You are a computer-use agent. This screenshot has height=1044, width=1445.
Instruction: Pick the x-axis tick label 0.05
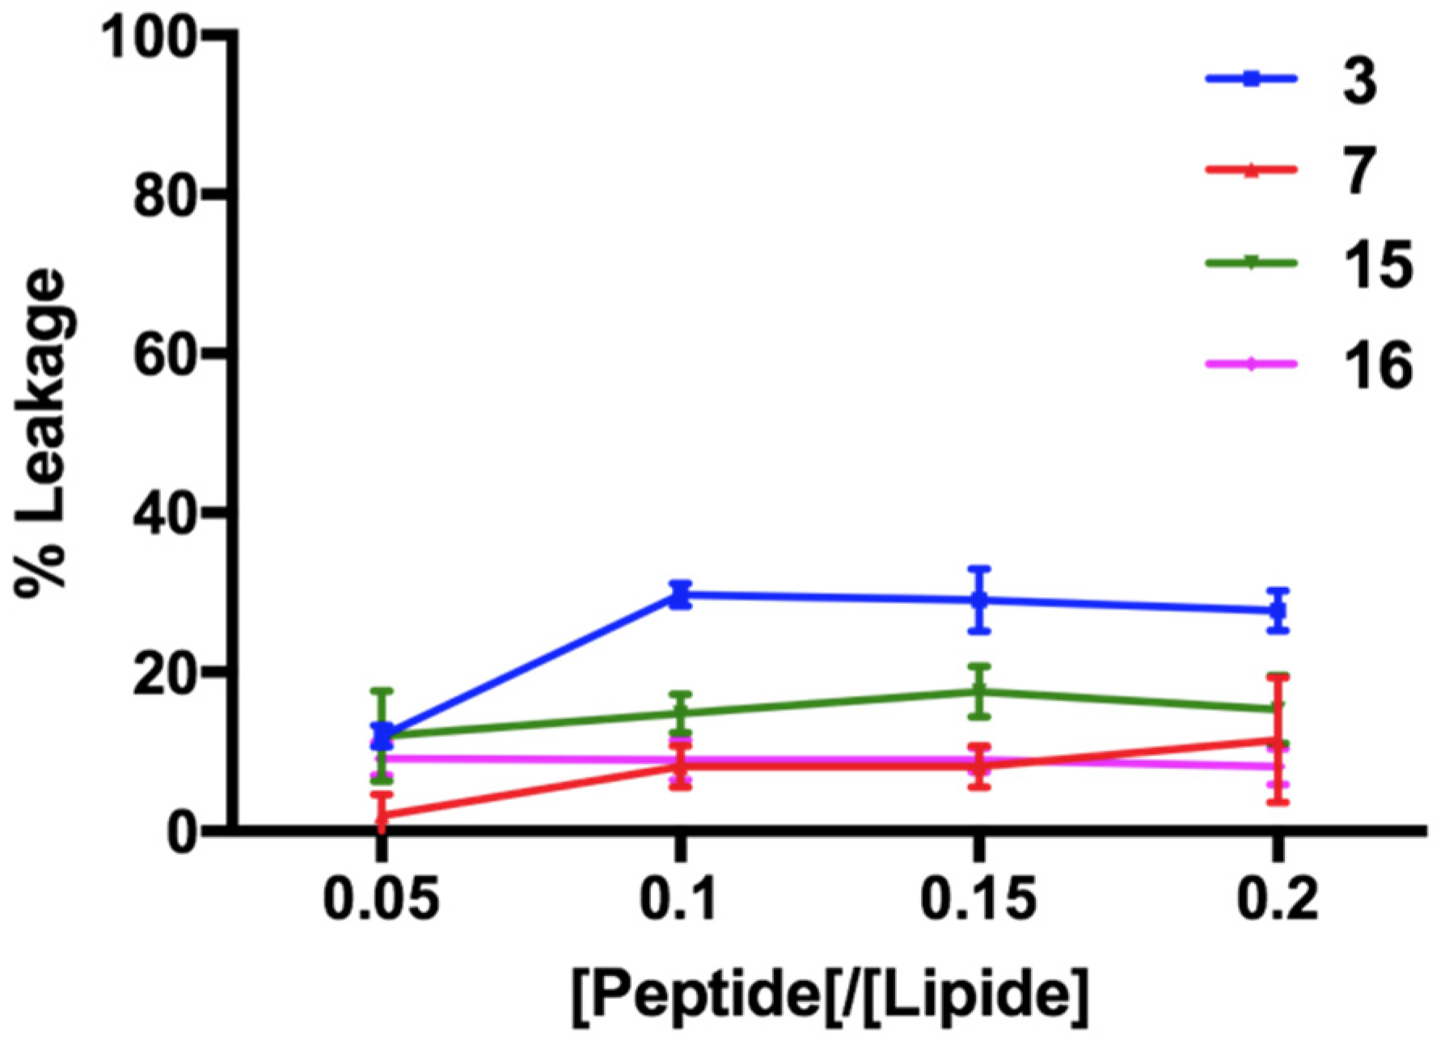click(382, 898)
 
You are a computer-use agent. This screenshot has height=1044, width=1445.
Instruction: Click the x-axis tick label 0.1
click(679, 898)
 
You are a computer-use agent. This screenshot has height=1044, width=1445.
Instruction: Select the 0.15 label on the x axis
click(978, 898)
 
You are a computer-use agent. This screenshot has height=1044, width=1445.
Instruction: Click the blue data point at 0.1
click(680, 595)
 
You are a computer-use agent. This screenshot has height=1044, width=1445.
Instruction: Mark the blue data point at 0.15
click(979, 600)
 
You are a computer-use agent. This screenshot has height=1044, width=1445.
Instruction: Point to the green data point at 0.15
click(979, 691)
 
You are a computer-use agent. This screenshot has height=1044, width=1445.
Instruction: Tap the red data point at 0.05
click(382, 816)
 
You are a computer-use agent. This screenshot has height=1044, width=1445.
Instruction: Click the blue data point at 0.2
click(1277, 611)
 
